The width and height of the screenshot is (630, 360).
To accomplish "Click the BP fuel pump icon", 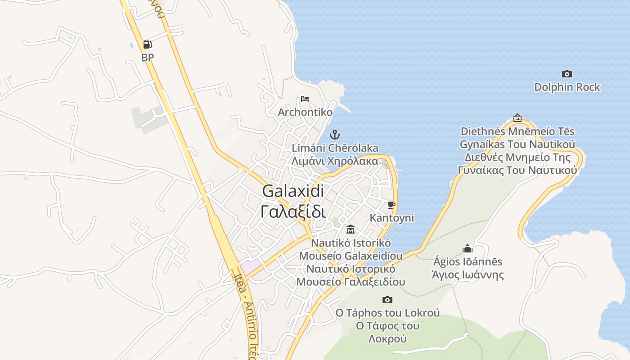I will [x=147, y=45].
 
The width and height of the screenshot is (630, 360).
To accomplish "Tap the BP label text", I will [x=147, y=58].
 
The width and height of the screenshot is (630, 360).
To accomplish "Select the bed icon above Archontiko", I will [x=305, y=99].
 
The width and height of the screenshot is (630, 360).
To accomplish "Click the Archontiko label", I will [x=305, y=112].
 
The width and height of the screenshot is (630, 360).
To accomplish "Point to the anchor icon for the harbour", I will [x=334, y=134].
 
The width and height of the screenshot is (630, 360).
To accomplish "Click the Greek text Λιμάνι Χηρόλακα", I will [x=335, y=161].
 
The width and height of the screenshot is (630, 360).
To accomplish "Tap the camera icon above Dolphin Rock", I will [x=567, y=74].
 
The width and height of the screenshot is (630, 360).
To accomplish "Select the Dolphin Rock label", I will [x=567, y=87].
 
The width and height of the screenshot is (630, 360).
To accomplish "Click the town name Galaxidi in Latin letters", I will [x=293, y=191].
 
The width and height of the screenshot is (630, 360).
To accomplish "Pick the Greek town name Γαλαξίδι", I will [x=293, y=211].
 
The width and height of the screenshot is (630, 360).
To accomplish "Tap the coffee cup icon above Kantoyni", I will [x=391, y=205].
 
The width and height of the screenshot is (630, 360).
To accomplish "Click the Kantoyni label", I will [x=391, y=218].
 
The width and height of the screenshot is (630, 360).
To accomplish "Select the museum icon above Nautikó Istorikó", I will [x=351, y=229].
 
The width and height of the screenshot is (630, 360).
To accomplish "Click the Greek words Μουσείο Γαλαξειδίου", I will [x=351, y=282].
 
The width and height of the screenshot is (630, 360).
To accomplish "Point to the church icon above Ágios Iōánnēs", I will [x=468, y=248].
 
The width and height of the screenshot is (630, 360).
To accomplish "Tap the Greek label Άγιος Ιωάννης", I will [x=468, y=274].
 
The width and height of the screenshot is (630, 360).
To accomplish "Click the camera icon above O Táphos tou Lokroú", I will [x=387, y=300].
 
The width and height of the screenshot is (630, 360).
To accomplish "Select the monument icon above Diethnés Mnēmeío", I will [x=517, y=118].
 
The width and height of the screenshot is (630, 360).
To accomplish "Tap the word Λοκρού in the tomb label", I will [x=387, y=339].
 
